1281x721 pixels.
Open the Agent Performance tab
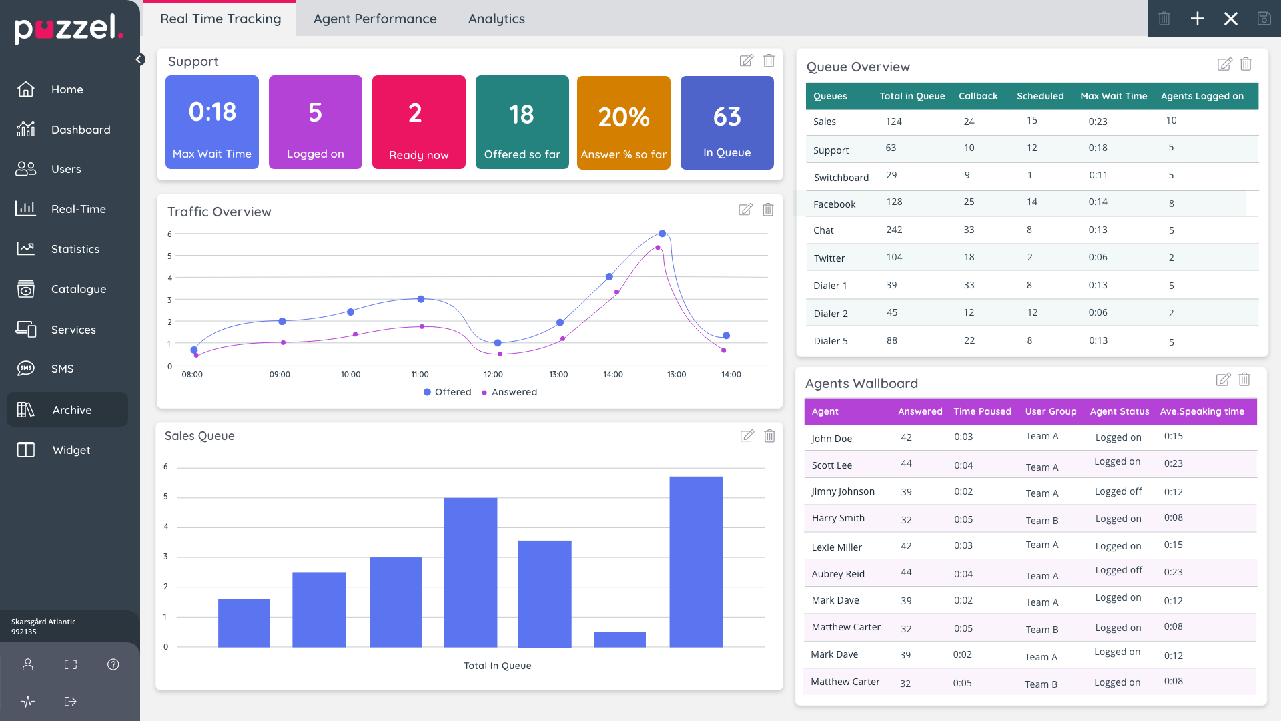pyautogui.click(x=375, y=19)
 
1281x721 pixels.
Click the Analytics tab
pyautogui.click(x=496, y=19)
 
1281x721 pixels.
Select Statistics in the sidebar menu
pyautogui.click(x=75, y=249)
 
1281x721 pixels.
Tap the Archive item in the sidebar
pyautogui.click(x=71, y=410)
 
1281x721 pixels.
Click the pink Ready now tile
pyautogui.click(x=418, y=122)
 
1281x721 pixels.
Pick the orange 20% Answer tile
pyautogui.click(x=623, y=123)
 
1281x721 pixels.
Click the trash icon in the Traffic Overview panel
pyautogui.click(x=768, y=210)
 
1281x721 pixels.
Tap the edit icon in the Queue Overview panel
pyautogui.click(x=1224, y=64)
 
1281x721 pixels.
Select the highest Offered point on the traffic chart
pyautogui.click(x=662, y=234)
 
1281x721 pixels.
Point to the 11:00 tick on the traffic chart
pyautogui.click(x=420, y=375)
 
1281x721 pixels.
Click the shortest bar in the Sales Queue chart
pyautogui.click(x=619, y=640)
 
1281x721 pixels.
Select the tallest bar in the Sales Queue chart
pyautogui.click(x=696, y=561)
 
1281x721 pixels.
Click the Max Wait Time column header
pyautogui.click(x=1114, y=96)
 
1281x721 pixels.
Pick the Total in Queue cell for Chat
pyautogui.click(x=894, y=230)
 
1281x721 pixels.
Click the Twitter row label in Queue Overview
pyautogui.click(x=829, y=258)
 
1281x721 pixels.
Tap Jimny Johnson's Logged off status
pyautogui.click(x=1118, y=491)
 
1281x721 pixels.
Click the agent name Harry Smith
pyautogui.click(x=838, y=518)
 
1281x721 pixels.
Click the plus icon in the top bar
pyautogui.click(x=1198, y=19)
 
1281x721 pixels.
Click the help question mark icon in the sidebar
pyautogui.click(x=113, y=664)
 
